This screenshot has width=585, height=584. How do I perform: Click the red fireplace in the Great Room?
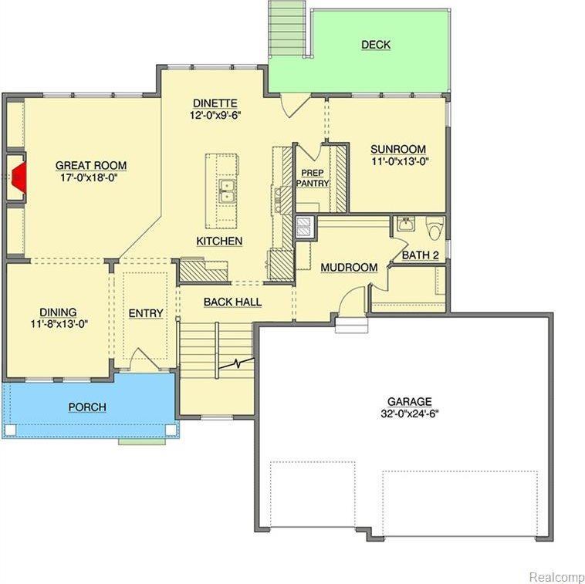(19, 177)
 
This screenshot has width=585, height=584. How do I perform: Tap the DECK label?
(376, 45)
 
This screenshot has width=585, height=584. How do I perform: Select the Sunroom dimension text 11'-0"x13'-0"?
(399, 161)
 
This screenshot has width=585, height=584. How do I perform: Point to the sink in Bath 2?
(406, 224)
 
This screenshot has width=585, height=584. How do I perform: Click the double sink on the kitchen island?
(226, 191)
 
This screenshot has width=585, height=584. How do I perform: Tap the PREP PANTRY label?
(313, 178)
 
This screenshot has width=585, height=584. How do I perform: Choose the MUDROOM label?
(349, 268)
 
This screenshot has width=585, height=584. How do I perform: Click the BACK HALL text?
(232, 302)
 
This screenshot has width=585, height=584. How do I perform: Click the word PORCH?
(87, 407)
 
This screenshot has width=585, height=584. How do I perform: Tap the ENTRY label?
(146, 314)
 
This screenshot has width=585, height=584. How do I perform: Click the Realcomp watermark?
(556, 576)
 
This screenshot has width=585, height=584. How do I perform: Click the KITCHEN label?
(219, 241)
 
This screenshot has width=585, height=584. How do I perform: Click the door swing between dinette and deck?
(295, 106)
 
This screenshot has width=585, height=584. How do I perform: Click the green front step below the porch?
(142, 441)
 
